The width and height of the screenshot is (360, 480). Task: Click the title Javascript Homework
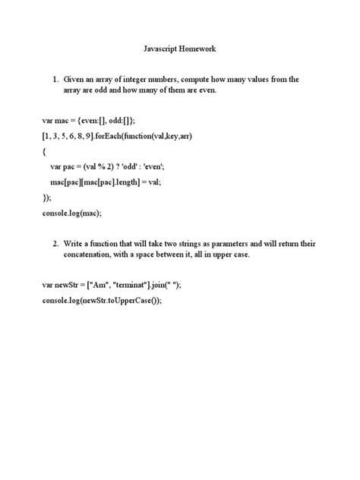180,49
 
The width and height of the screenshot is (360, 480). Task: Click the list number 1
55,79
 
